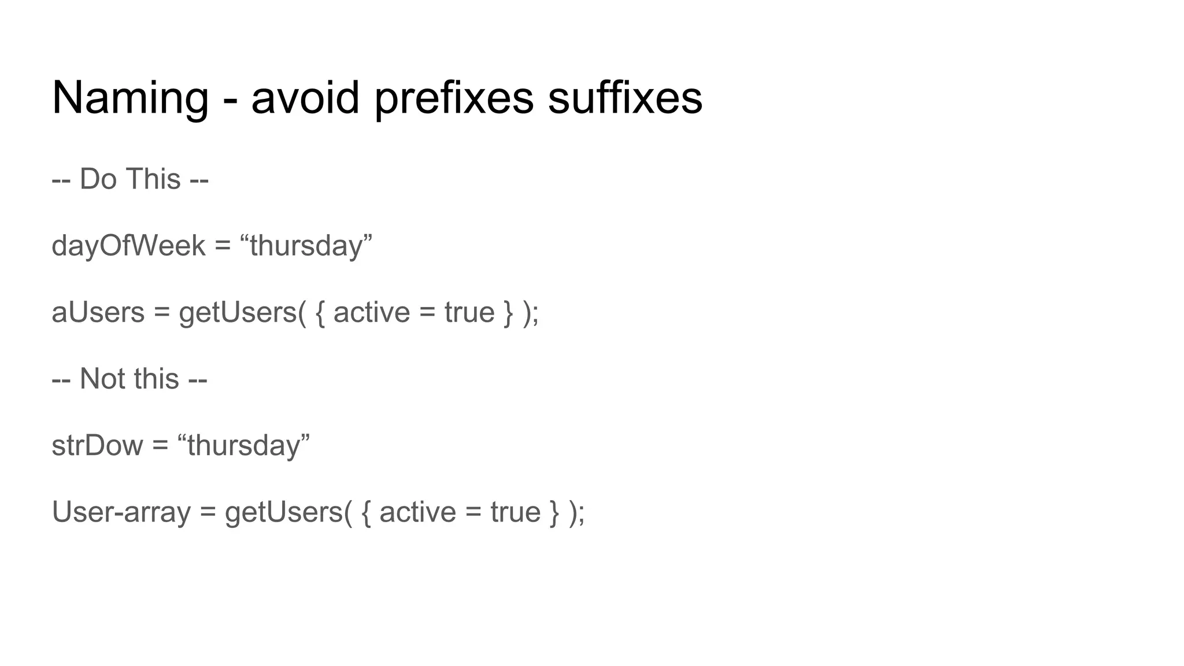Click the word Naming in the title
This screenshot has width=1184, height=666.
tap(130, 98)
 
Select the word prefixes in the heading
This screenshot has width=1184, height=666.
tap(454, 98)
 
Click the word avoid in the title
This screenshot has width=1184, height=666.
tap(305, 98)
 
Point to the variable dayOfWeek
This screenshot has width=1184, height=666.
tap(128, 246)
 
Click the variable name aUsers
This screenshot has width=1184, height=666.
tap(98, 312)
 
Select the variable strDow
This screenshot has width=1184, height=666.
tap(97, 445)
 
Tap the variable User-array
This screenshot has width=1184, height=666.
tap(121, 512)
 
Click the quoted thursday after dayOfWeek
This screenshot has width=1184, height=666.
tap(306, 246)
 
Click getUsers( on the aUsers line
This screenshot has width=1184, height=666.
tap(242, 313)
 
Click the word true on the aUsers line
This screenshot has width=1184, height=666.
tap(469, 312)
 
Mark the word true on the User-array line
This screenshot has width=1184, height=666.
tap(516, 512)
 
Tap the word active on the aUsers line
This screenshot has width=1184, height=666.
tap(371, 312)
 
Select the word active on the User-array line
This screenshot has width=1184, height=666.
tap(417, 512)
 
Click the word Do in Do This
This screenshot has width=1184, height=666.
tap(98, 179)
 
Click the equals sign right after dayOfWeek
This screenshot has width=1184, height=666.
tap(223, 246)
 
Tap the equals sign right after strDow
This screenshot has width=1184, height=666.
tap(160, 446)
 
